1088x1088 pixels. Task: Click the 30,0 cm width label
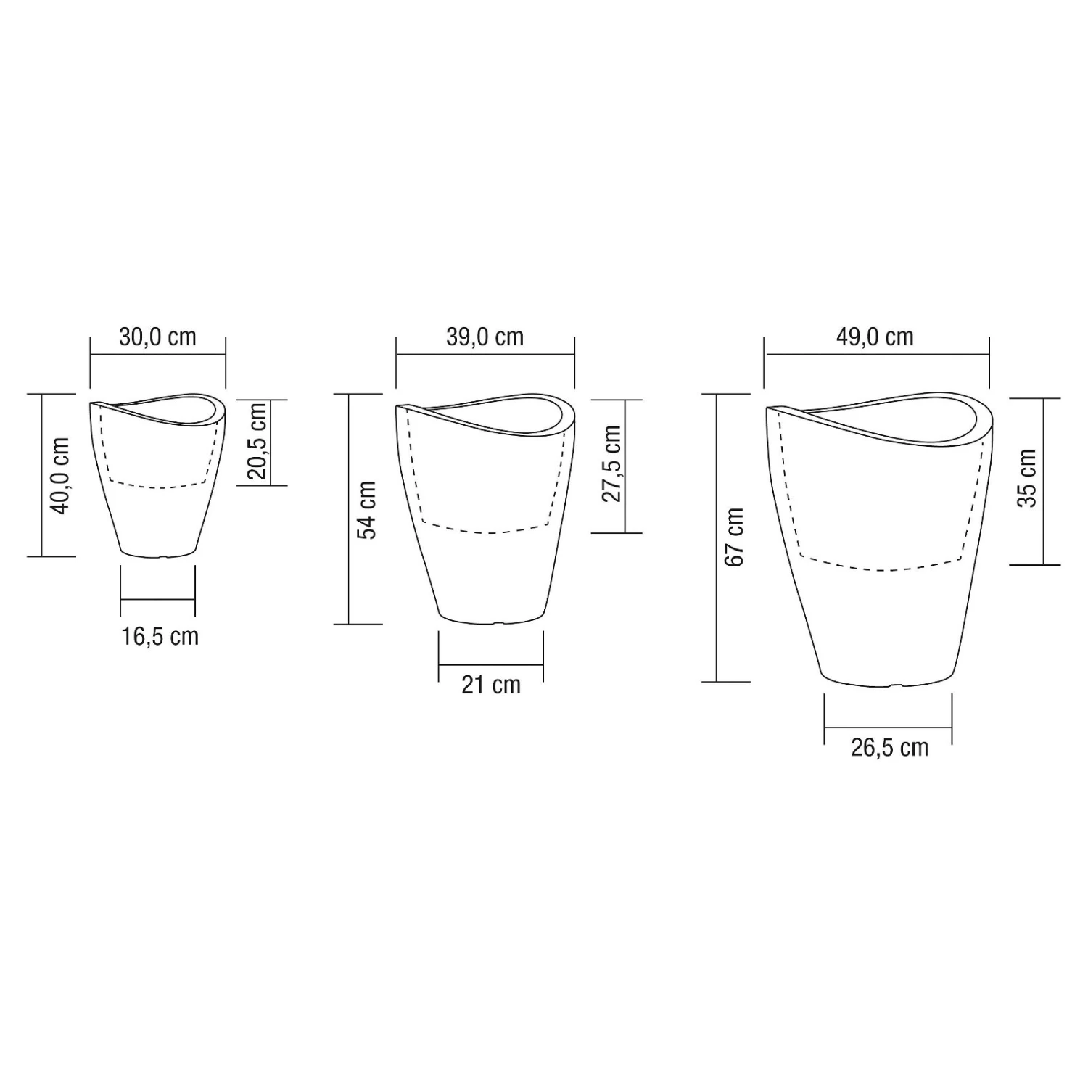(157, 337)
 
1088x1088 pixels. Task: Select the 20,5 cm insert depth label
(257, 442)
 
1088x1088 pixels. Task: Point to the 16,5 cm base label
(160, 636)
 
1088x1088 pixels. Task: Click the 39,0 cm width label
(485, 337)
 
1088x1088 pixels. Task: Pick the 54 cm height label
(367, 510)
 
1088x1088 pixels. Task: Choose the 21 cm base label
(491, 685)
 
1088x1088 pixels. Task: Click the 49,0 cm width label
(875, 337)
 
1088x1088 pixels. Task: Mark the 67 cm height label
(735, 537)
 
